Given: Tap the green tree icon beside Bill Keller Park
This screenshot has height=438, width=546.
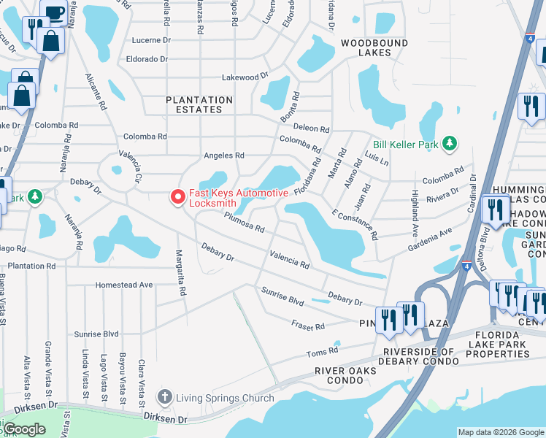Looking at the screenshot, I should coord(450,144).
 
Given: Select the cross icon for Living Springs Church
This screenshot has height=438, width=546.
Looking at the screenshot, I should coord(165,398).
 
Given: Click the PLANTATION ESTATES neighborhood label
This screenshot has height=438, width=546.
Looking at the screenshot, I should coord(199,104).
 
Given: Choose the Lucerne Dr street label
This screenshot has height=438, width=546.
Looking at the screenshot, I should coord(150,41).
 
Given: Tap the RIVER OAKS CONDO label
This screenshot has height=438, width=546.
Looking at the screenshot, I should coord(346,375).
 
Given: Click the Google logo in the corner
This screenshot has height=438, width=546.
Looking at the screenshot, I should coord(24,429).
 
